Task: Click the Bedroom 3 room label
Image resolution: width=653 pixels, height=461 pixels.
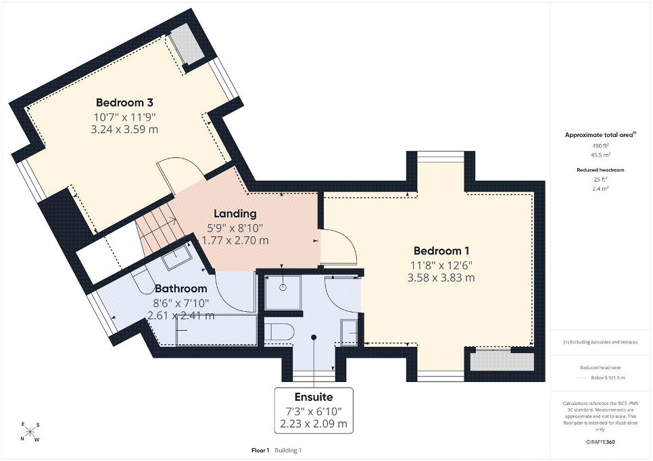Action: (x=124, y=103)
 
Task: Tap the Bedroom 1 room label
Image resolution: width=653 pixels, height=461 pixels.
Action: (x=441, y=251)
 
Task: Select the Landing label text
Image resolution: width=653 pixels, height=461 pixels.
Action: (x=235, y=214)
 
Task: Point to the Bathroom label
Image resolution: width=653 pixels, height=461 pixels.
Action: (x=180, y=288)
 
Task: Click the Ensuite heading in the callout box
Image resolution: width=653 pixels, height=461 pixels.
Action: (x=314, y=397)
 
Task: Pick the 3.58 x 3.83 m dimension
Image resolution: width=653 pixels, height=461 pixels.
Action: (x=441, y=277)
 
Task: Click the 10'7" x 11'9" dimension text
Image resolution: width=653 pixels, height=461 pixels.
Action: (x=124, y=116)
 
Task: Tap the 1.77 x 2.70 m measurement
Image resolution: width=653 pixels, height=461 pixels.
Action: (x=235, y=240)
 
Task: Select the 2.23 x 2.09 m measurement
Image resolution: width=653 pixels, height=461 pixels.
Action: (x=314, y=424)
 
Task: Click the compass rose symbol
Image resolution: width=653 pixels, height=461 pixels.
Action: (x=30, y=432)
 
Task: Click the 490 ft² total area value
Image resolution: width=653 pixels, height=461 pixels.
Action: (x=600, y=146)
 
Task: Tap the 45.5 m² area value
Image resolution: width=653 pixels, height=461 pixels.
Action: (x=601, y=155)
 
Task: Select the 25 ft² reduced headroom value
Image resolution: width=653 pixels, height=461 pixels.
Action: (x=600, y=180)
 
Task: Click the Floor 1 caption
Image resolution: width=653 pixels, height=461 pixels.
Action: (x=261, y=450)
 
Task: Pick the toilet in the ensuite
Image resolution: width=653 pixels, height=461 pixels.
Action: (x=279, y=332)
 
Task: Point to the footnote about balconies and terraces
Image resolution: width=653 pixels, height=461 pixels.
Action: (x=600, y=342)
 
